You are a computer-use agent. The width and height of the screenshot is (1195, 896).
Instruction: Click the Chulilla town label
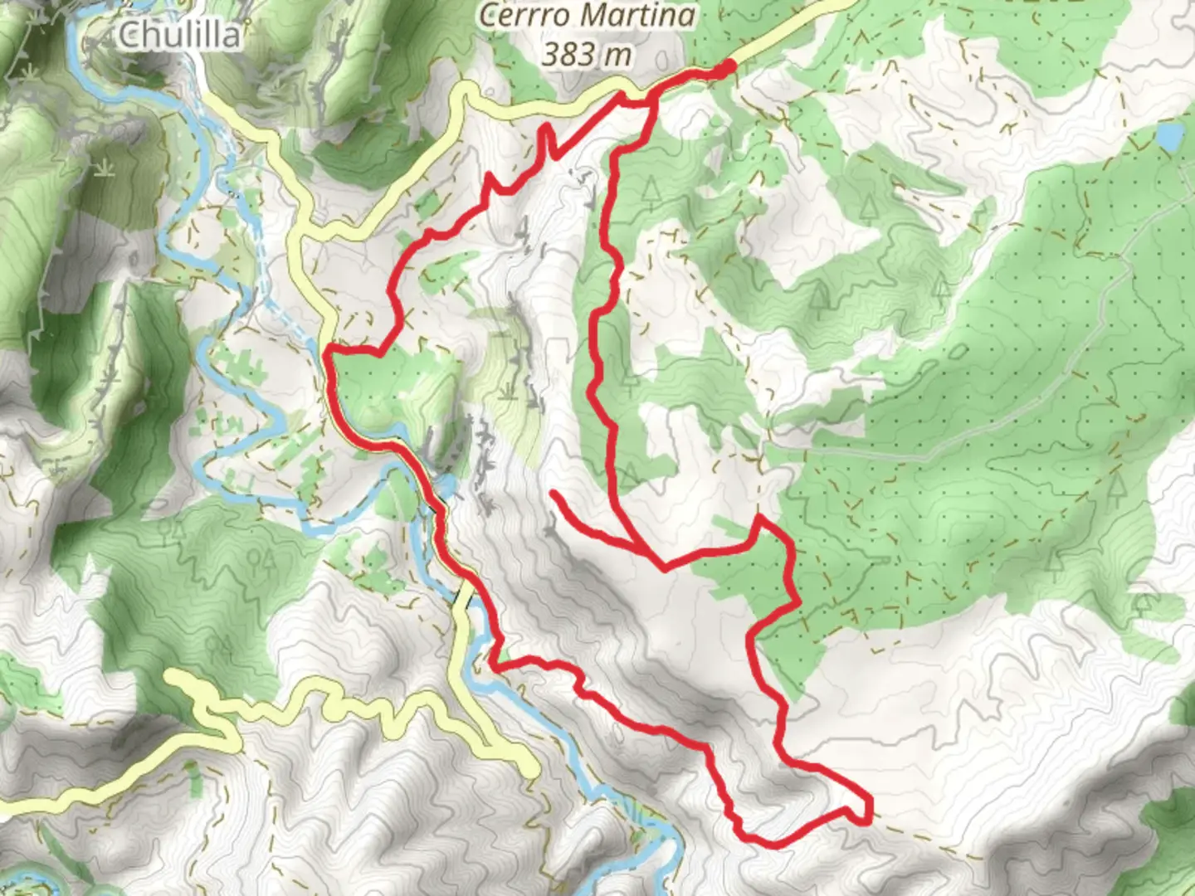(x=180, y=35)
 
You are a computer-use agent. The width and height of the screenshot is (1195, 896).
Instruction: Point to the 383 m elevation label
(x=587, y=55)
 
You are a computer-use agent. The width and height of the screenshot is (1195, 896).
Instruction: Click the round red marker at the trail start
(x=728, y=67)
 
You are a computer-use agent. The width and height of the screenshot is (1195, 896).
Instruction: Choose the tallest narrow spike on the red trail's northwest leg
(x=548, y=128)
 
